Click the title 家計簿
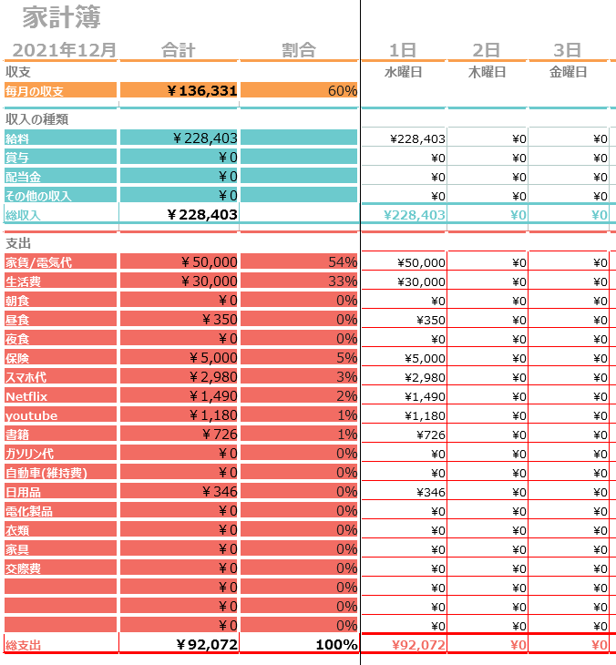[61, 17]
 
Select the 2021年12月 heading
[64, 50]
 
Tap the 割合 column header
[299, 50]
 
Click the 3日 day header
[567, 50]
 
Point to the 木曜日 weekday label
[487, 72]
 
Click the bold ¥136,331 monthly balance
[202, 90]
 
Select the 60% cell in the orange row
[343, 91]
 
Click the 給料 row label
[17, 138]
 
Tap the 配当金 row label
[23, 177]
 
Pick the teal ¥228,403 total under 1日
[415, 215]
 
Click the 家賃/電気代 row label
[38, 262]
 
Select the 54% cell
[343, 262]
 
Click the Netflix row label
[26, 396]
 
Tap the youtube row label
[31, 415]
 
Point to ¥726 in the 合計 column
[220, 435]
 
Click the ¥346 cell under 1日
[431, 493]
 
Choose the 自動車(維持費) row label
[46, 473]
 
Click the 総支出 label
[24, 645]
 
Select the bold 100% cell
[336, 645]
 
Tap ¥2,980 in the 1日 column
[425, 377]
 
